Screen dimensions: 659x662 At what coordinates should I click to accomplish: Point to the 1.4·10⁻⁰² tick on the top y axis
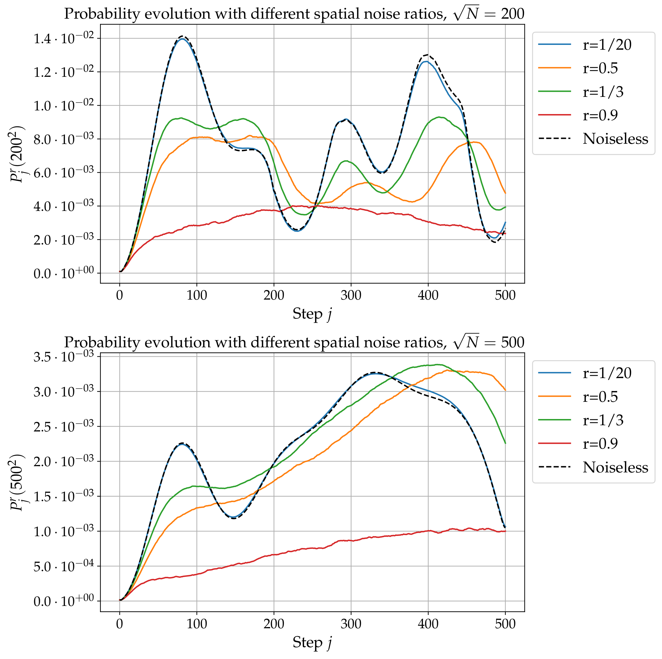coord(63,39)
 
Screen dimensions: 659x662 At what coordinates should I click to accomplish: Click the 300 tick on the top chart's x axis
coord(351,295)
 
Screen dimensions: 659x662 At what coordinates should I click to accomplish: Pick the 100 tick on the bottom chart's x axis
coord(197,624)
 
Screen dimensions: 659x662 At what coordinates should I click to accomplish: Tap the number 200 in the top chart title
coord(512,14)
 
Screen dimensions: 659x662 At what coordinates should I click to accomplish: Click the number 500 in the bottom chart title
coord(512,342)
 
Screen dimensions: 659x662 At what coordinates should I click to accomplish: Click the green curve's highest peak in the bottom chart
coord(438,365)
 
